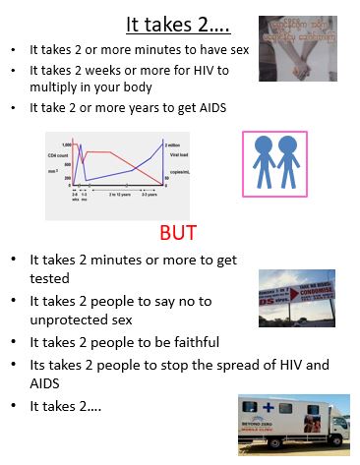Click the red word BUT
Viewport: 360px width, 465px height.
pos(178,233)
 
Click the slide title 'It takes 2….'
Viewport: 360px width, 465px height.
pos(179,23)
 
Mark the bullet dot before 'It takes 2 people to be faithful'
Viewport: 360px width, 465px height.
pos(14,343)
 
